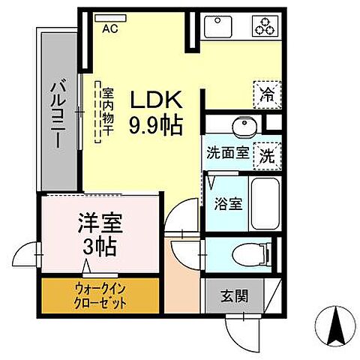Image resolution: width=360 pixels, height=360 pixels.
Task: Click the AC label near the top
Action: [110, 28]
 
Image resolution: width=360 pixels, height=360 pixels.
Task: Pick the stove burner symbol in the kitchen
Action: [266, 25]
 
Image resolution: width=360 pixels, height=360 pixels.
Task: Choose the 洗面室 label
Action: [229, 156]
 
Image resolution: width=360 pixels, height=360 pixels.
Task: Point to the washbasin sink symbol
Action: [242, 125]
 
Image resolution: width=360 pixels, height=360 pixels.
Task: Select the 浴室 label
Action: [226, 204]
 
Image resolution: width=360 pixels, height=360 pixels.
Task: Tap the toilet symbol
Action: [247, 254]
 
